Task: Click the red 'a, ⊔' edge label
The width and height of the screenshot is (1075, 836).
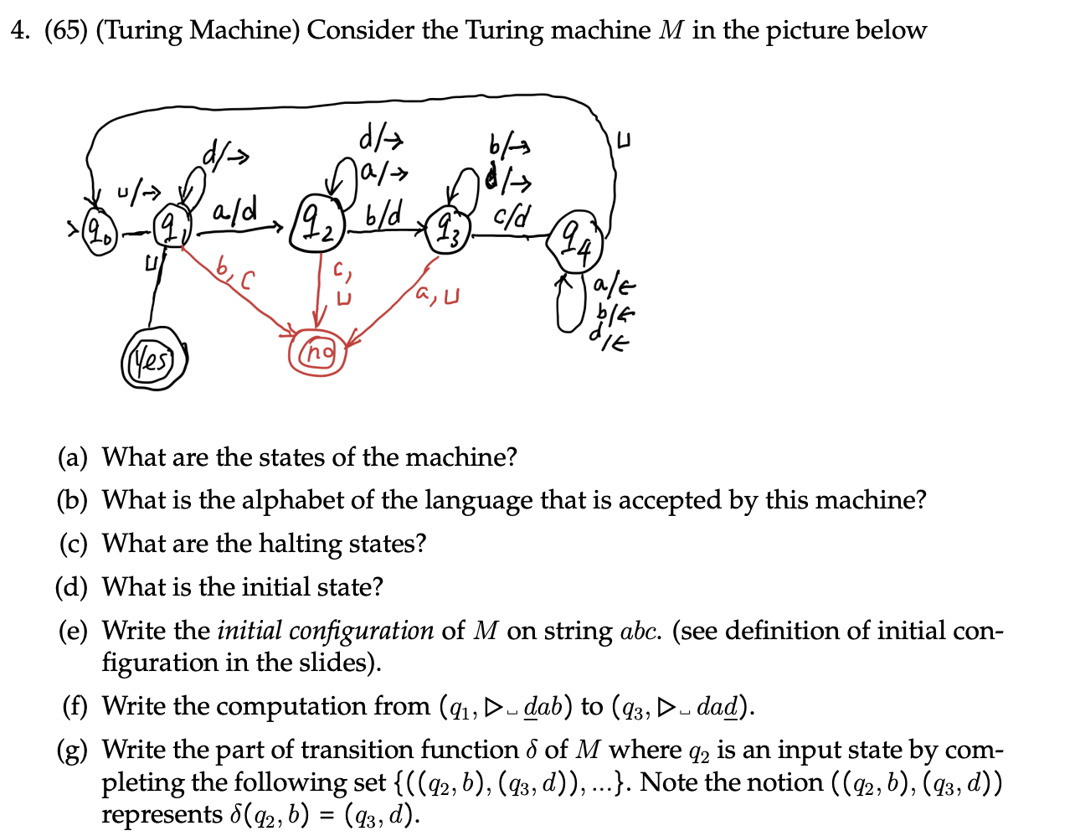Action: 438,295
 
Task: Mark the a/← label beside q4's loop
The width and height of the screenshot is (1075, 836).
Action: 615,286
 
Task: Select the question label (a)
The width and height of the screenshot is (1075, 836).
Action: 72,457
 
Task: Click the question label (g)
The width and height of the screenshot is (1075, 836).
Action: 72,750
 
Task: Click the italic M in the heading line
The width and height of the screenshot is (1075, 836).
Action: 671,31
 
